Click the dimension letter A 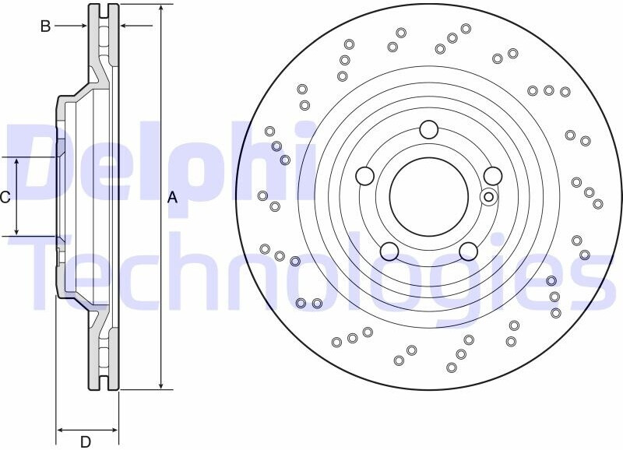(x=172, y=197)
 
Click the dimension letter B (x=46, y=26)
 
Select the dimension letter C (x=5, y=197)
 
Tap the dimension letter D (x=86, y=441)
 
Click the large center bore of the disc (x=429, y=197)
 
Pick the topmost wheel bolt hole (x=429, y=129)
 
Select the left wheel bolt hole (x=364, y=176)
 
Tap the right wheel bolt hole (x=493, y=176)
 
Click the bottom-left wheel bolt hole (x=389, y=251)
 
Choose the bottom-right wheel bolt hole (x=469, y=251)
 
